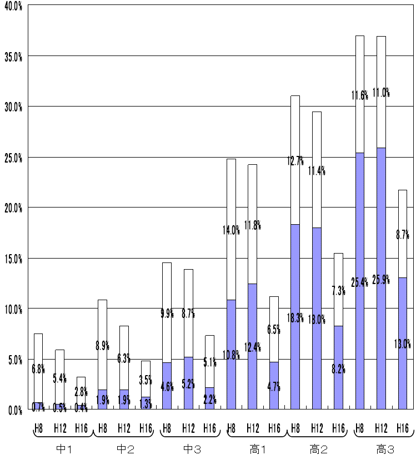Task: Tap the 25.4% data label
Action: (360, 282)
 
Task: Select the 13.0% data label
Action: (403, 343)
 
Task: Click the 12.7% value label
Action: (295, 161)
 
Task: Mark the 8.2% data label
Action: (338, 369)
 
